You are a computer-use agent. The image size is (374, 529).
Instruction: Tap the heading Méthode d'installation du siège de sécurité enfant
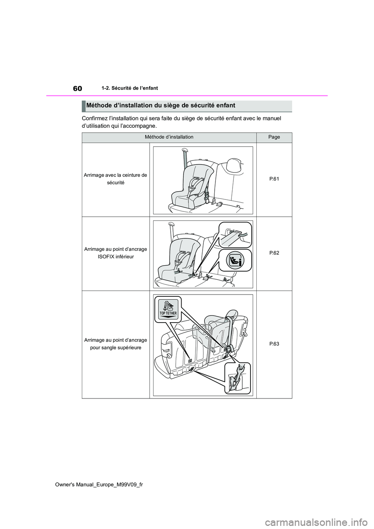pos(161,106)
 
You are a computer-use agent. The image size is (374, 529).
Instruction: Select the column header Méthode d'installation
pos(169,137)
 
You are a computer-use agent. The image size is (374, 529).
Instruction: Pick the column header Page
pos(274,137)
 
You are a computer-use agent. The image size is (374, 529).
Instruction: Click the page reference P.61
pos(274,179)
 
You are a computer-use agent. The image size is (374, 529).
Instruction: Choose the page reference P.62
pos(274,253)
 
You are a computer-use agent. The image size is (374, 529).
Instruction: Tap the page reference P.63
pos(274,344)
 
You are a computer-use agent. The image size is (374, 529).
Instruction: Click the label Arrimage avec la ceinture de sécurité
pos(116,179)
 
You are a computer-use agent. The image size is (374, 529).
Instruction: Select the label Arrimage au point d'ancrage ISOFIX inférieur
pos(116,253)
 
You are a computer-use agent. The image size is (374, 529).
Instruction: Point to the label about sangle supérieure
pos(116,344)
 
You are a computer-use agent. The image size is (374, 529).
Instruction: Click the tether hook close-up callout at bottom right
pos(238,378)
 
